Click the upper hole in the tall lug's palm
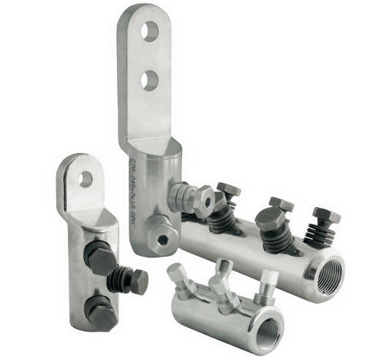[x=150, y=31]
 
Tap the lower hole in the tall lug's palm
[x=150, y=79]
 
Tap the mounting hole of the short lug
[x=86, y=178]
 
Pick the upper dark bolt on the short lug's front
[x=101, y=258]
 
